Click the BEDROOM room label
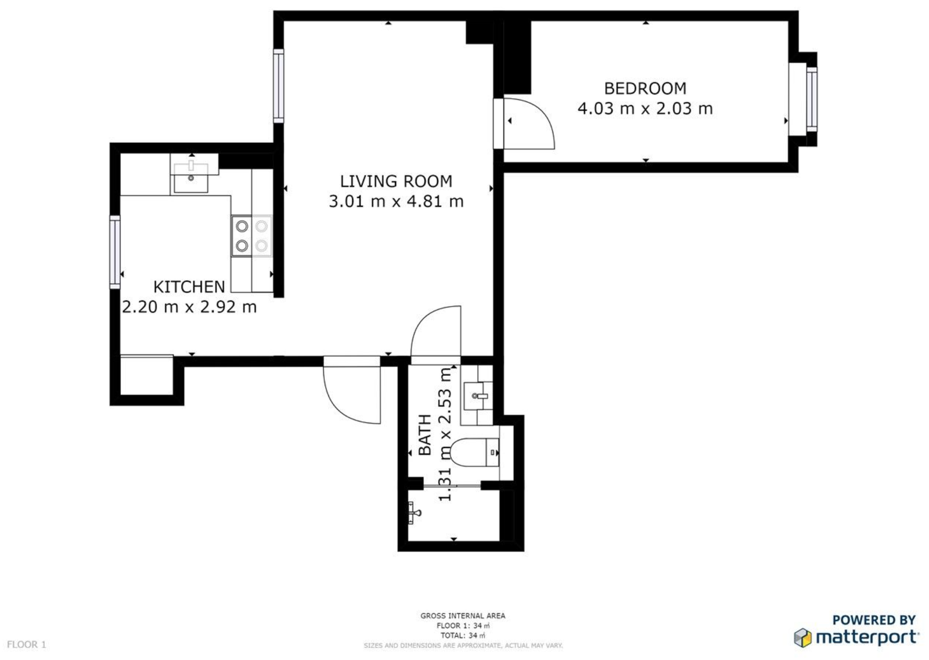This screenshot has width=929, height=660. pos(645,88)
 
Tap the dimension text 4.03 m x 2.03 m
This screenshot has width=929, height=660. pos(645,109)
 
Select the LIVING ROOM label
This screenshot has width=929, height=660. pos(396,181)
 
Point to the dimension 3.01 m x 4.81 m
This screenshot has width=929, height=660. pos(396,202)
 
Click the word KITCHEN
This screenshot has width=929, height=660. pos(189,286)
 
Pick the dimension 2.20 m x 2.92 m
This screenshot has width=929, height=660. pos(189,307)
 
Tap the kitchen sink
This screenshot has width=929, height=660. pos(191,177)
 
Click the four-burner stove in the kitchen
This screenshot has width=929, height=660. pos(251,236)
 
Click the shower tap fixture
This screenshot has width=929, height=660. pos(415,512)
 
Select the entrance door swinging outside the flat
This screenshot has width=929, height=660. pos(352,393)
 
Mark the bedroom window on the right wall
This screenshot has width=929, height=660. pos(811,99)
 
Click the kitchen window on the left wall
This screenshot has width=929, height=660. pos(115,252)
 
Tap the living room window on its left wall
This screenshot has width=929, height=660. pos(279,85)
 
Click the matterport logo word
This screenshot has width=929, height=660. pos(866,638)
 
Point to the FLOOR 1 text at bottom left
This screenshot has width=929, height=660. pos(26,644)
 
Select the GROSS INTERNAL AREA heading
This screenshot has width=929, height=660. pos(463,615)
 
